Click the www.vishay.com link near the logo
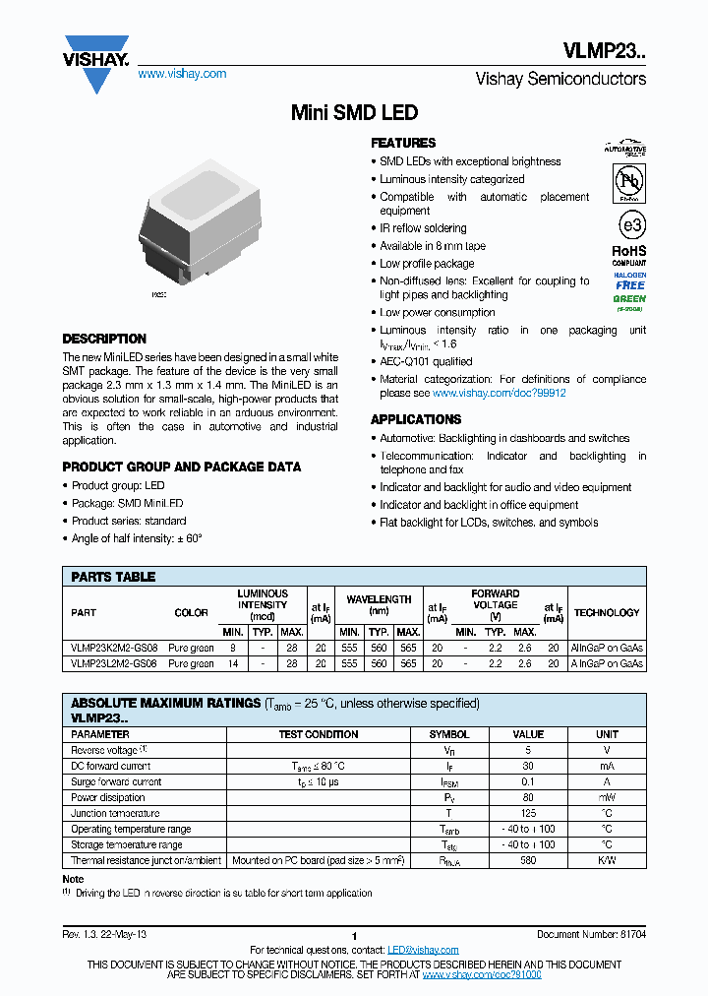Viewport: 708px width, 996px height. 182,74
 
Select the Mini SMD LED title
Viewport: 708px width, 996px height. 354,113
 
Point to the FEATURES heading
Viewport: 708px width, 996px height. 403,143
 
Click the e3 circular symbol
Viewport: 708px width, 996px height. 630,224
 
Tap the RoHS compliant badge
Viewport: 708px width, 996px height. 629,256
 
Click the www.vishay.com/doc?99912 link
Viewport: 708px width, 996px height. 499,393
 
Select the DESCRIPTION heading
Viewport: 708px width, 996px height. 104,339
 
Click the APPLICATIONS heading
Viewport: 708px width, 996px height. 416,419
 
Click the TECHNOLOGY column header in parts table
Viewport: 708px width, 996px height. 607,613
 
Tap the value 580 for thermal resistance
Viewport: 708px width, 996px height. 528,860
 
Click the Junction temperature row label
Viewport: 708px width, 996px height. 116,813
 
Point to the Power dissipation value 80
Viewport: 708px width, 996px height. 528,797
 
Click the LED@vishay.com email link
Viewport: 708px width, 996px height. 423,950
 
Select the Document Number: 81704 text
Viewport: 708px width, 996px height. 591,934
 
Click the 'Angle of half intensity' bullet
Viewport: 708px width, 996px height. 137,538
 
